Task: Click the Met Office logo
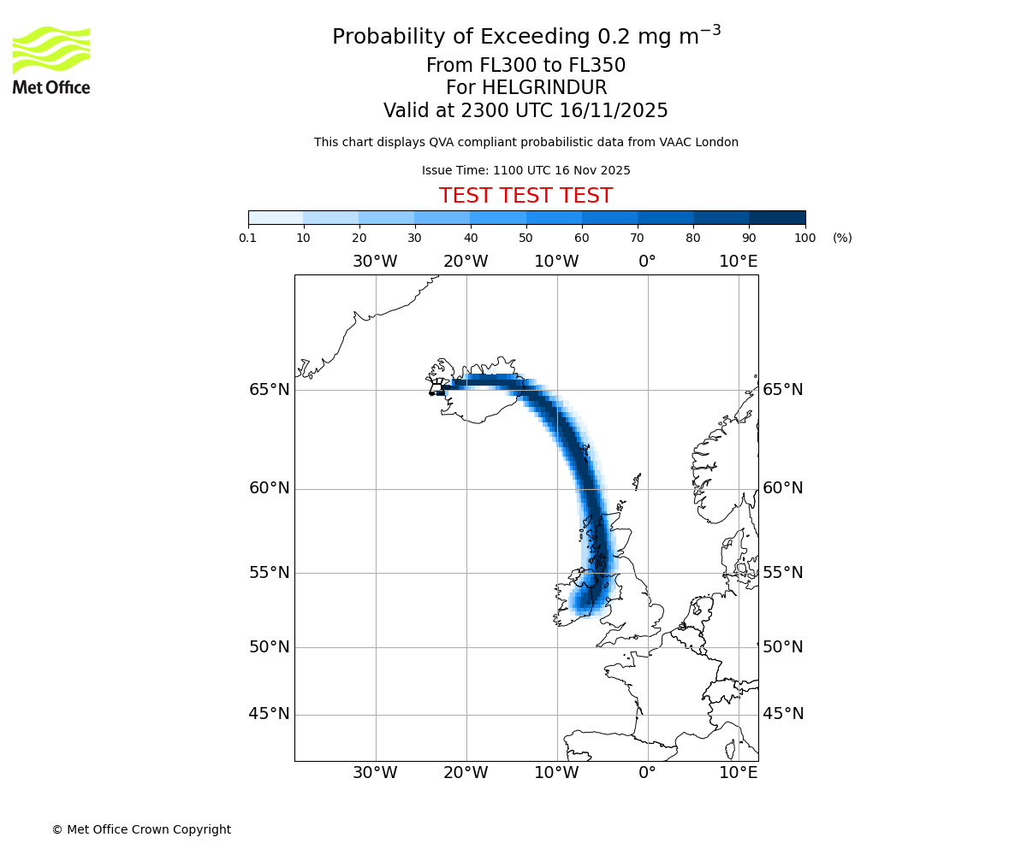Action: point(51,60)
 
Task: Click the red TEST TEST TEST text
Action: point(525,197)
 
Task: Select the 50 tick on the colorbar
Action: point(525,238)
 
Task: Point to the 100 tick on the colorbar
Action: point(804,238)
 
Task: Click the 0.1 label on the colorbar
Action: point(248,238)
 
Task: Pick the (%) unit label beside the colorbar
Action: point(842,238)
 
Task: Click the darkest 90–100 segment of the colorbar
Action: point(777,217)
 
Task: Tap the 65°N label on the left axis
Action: point(270,390)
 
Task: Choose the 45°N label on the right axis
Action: point(783,714)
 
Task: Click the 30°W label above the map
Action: point(375,262)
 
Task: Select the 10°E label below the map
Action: point(738,773)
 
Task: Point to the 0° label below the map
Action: point(647,773)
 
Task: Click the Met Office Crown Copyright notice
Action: point(141,829)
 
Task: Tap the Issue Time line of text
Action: point(525,170)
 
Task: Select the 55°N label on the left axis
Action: point(270,573)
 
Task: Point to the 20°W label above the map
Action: point(466,262)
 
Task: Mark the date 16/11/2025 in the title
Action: point(614,111)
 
